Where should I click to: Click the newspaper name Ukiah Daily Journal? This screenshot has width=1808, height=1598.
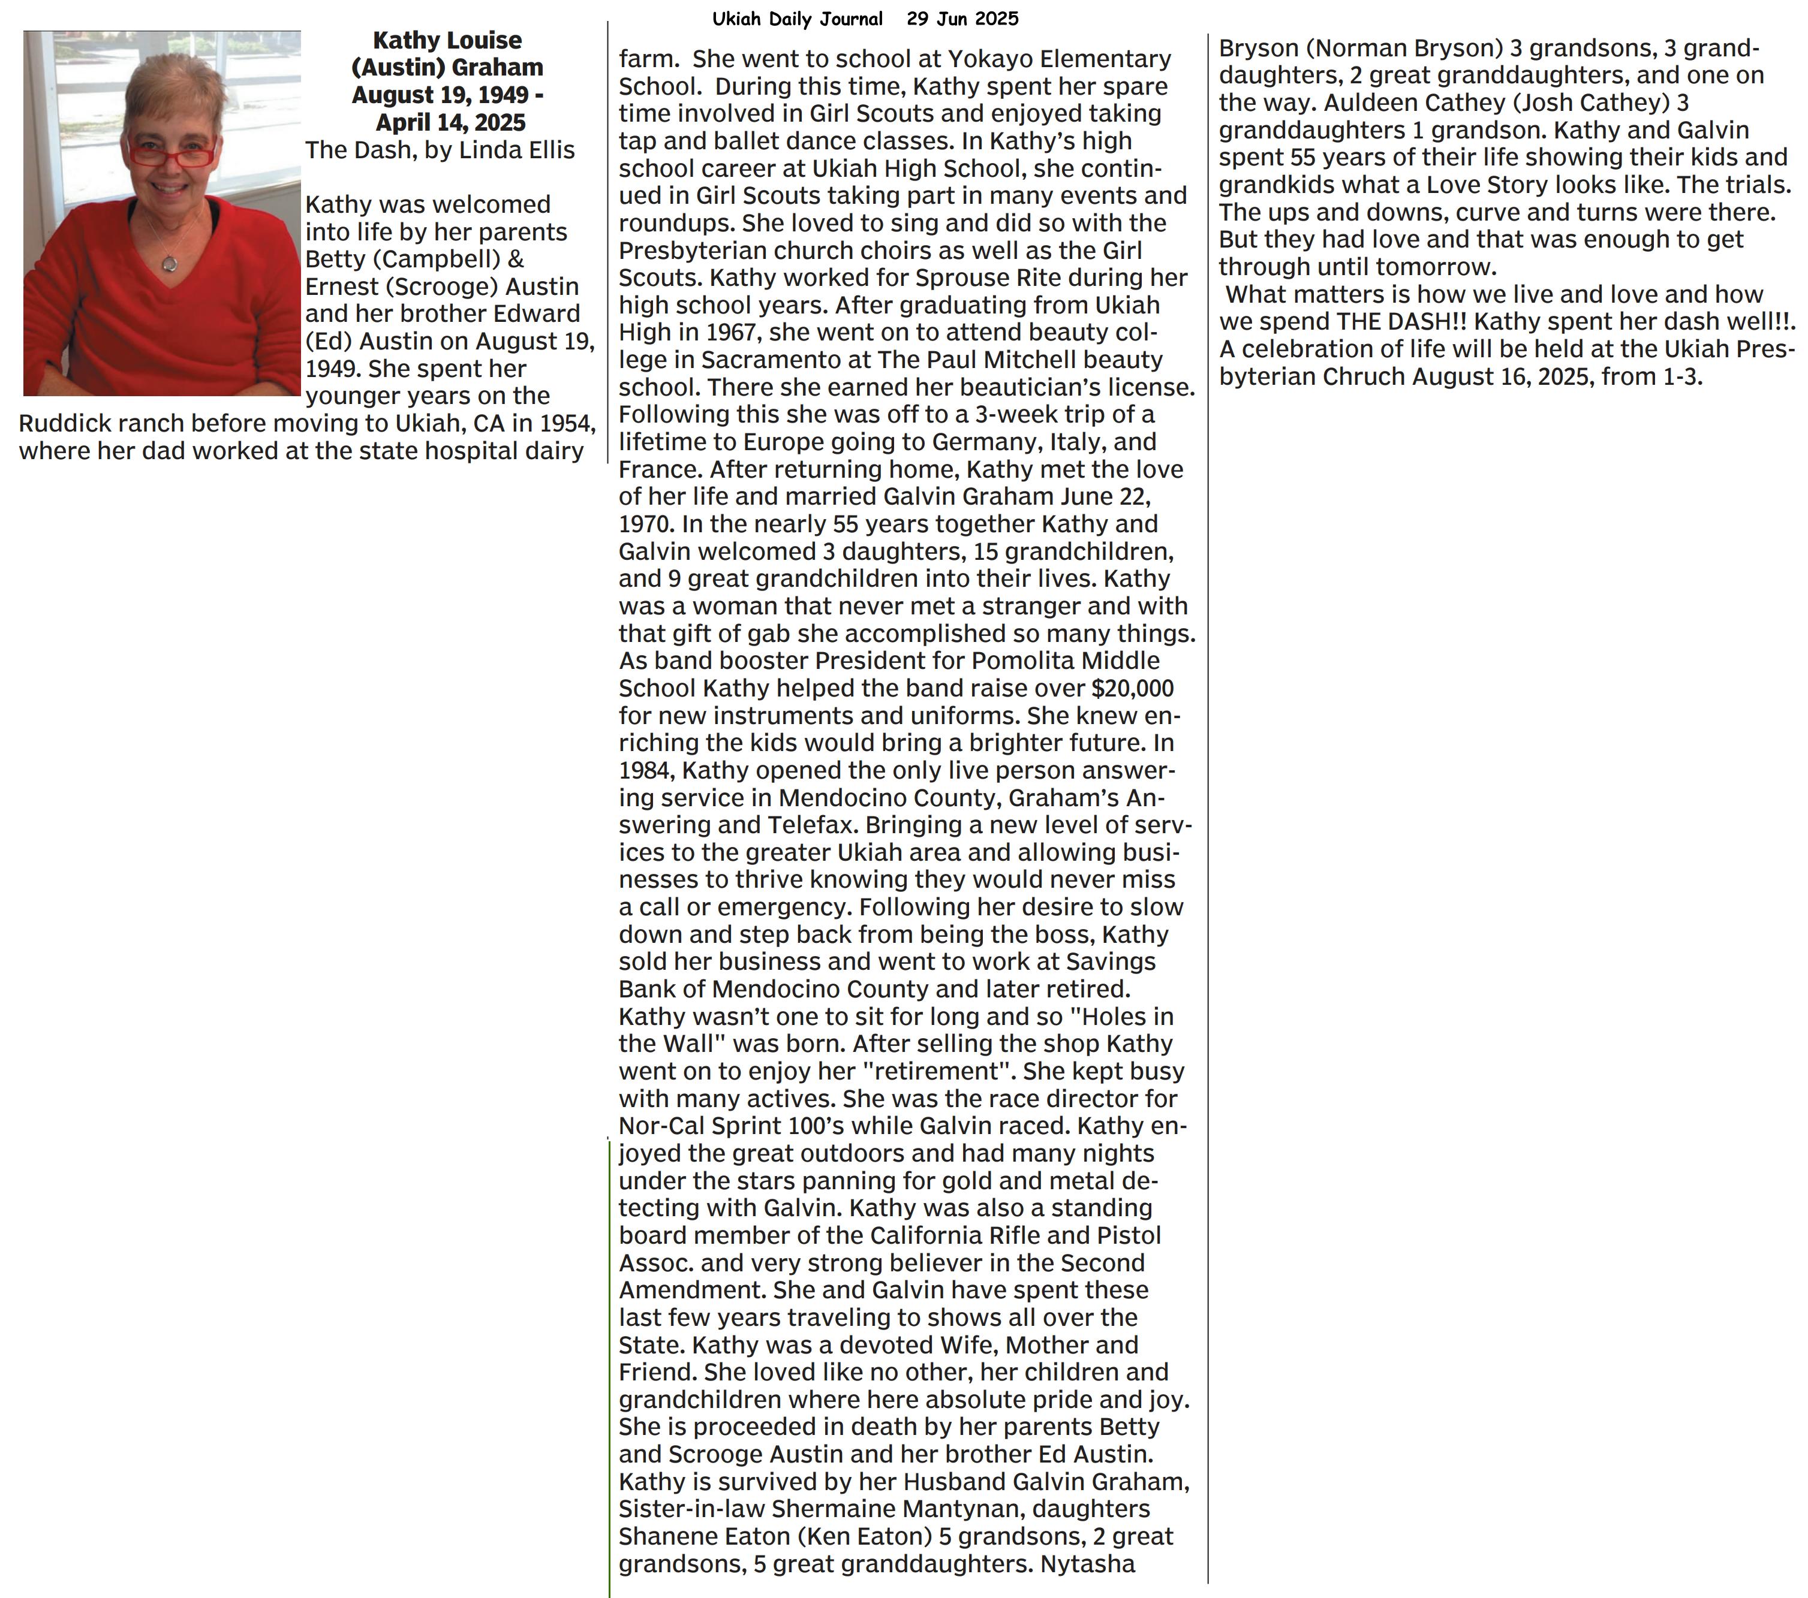pyautogui.click(x=797, y=19)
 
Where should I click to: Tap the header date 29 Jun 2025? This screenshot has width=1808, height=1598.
pyautogui.click(x=962, y=19)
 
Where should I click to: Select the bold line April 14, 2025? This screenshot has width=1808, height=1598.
pyautogui.click(x=450, y=122)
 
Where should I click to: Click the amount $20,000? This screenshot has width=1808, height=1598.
pyautogui.click(x=1132, y=688)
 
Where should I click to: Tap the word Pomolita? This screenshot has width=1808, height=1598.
pyautogui.click(x=1021, y=661)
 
